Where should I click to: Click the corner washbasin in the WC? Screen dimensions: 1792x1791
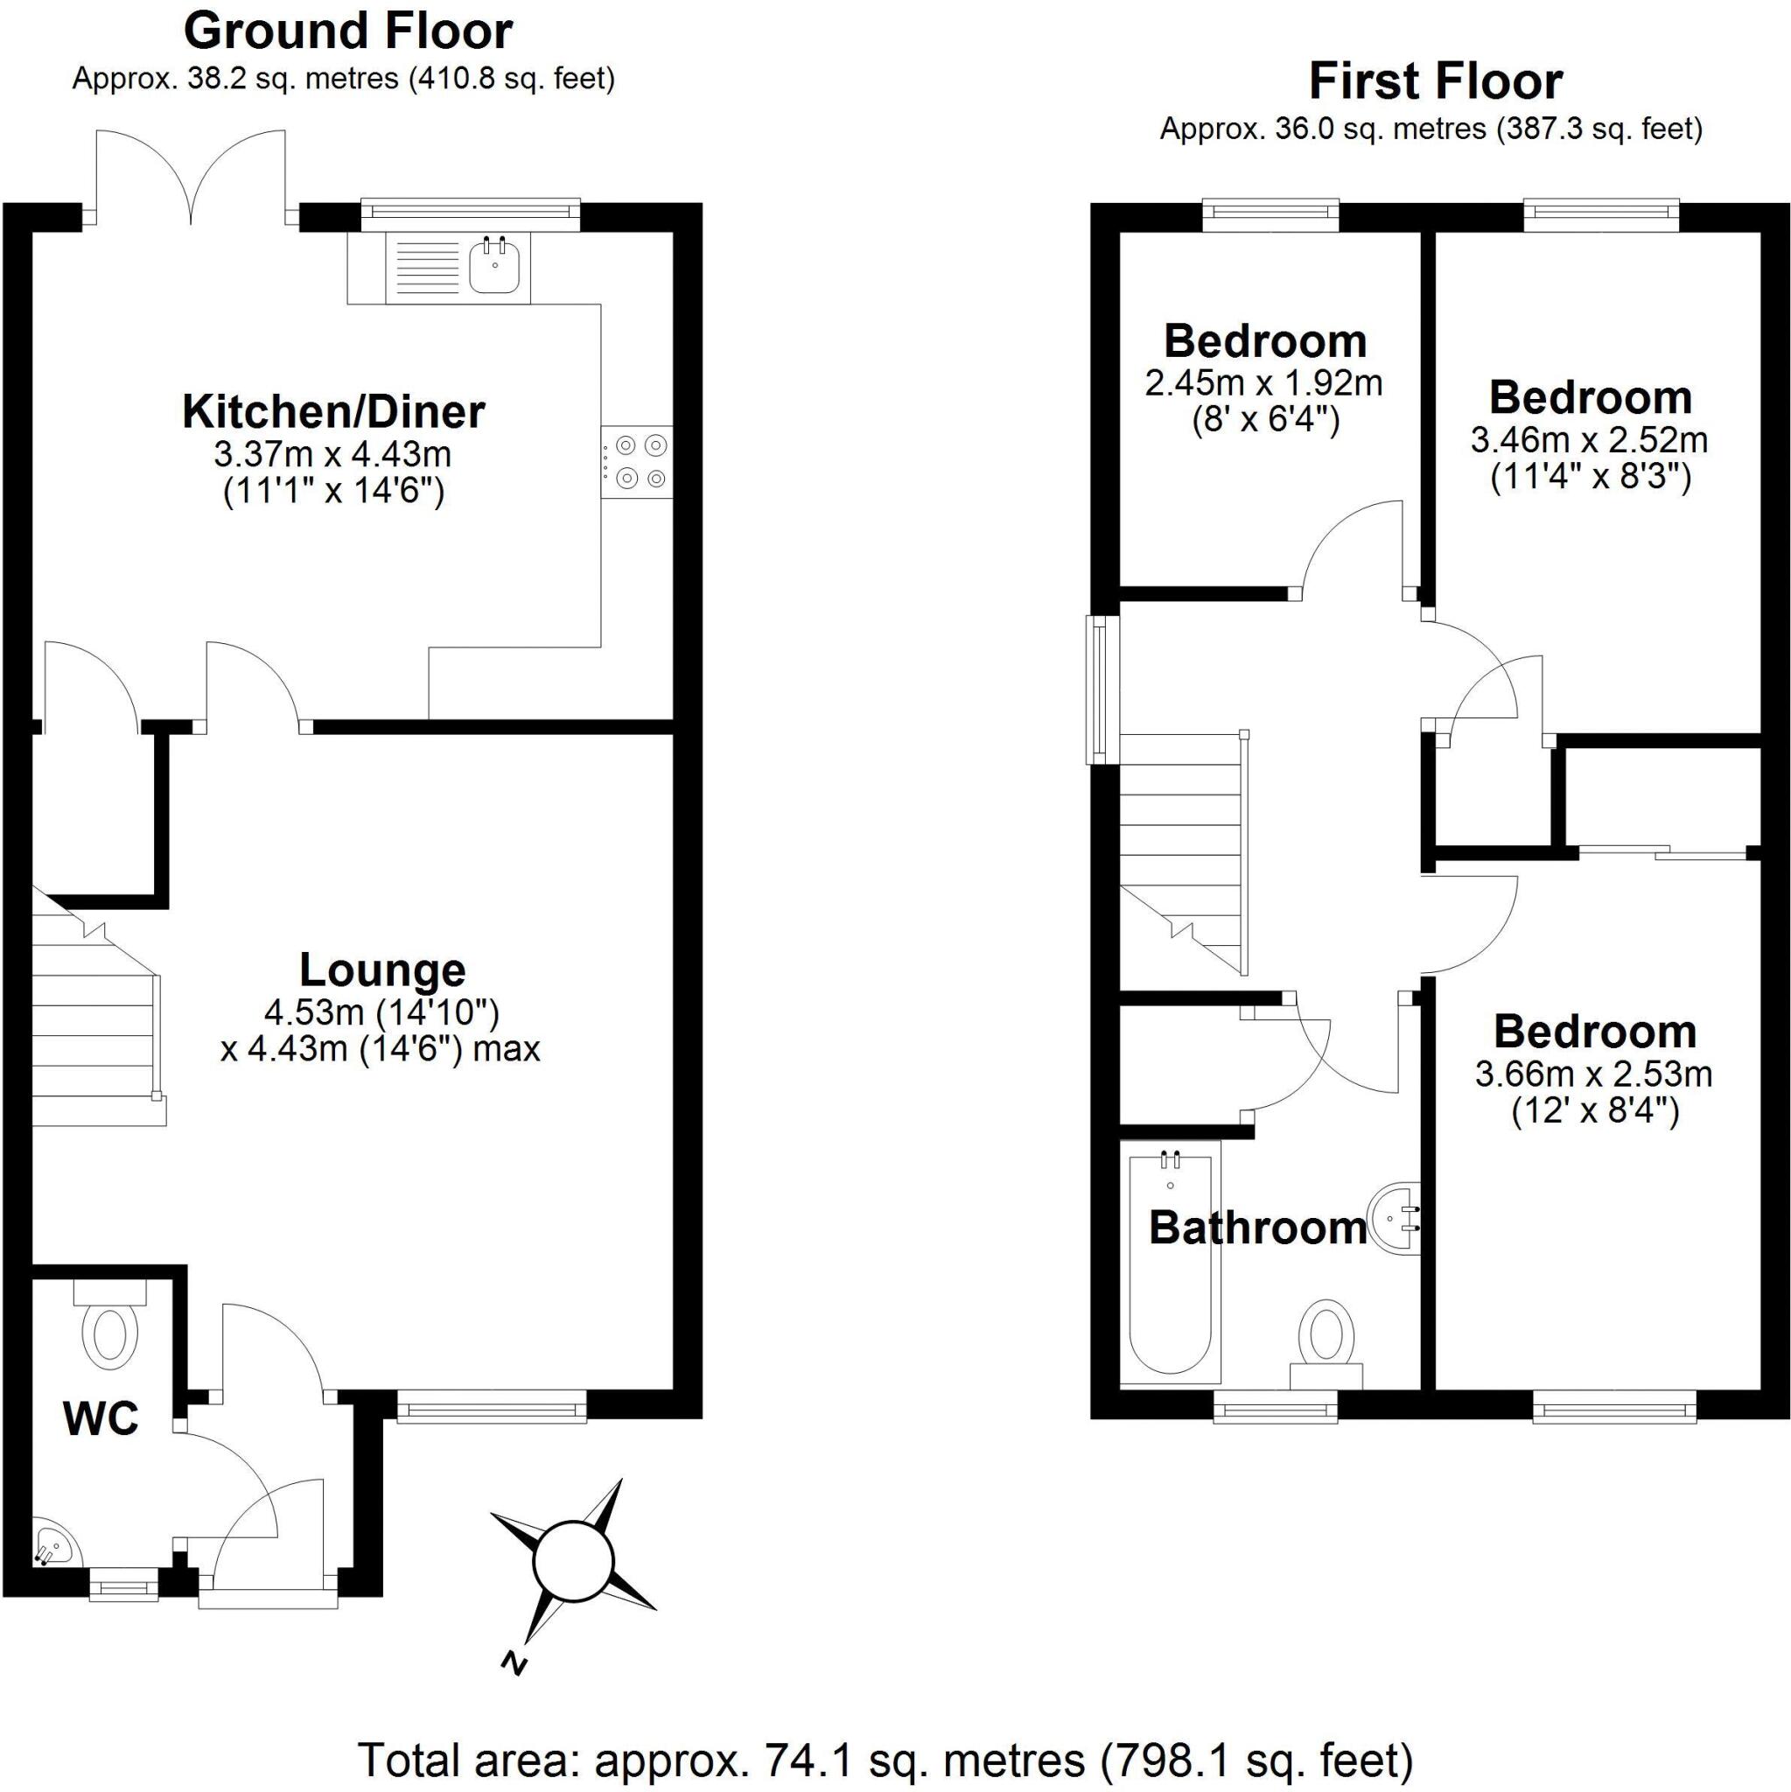[53, 1541]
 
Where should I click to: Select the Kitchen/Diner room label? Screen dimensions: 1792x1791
[333, 413]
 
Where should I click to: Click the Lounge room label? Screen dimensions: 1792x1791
[382, 970]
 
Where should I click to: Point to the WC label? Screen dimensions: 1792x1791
[101, 1418]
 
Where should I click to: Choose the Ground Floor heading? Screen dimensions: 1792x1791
[348, 31]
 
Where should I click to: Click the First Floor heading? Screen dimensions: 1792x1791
[1436, 81]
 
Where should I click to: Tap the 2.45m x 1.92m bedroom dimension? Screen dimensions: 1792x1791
[1263, 383]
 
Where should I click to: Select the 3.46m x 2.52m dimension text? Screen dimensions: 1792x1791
[1589, 438]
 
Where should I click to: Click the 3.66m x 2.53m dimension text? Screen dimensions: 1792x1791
[1593, 1074]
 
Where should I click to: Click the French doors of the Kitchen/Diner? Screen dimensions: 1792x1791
[191, 176]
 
